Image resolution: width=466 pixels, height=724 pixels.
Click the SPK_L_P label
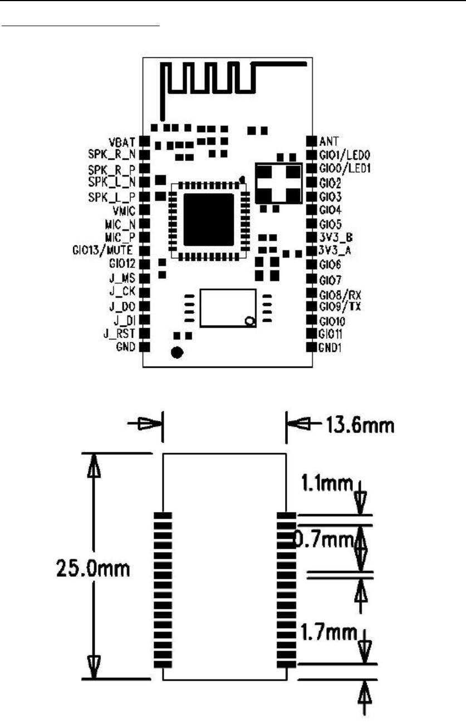(112, 196)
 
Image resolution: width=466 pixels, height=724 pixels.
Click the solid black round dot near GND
(178, 353)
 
